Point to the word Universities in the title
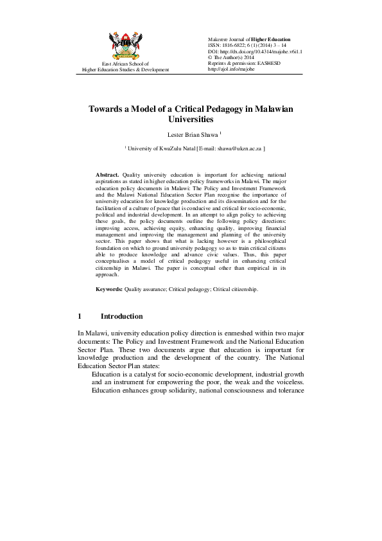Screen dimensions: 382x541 [190, 120]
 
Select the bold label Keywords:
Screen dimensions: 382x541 [109, 290]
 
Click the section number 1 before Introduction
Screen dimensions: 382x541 [80, 317]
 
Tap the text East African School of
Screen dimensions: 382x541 [125, 64]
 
